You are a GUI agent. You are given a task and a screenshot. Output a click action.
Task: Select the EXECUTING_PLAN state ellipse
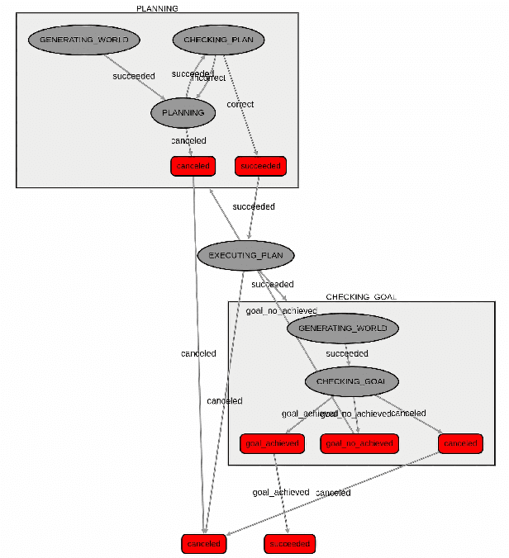[245, 255]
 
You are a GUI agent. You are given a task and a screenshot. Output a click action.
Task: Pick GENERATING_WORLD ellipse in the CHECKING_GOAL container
[343, 328]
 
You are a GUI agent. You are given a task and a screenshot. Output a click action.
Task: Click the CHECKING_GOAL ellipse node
[351, 381]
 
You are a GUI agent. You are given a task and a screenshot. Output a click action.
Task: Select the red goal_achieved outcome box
[272, 443]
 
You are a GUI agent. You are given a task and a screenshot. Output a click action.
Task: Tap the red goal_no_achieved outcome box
[359, 443]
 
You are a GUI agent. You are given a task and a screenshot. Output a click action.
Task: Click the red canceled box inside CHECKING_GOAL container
[460, 443]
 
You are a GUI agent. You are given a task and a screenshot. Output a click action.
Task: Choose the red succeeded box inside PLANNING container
[259, 166]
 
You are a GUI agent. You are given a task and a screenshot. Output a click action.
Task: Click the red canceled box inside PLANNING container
[193, 166]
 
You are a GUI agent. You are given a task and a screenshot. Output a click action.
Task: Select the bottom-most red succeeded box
[290, 544]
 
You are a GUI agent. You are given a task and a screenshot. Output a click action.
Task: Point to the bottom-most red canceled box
[203, 544]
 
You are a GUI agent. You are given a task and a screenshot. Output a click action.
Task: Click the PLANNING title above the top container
[156, 8]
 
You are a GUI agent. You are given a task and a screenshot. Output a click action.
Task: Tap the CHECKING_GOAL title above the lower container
[361, 297]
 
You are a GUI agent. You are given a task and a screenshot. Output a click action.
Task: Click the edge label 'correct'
[240, 104]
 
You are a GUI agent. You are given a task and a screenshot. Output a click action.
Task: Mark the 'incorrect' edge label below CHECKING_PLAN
[210, 78]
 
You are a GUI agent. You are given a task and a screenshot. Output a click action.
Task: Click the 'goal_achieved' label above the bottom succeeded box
[281, 492]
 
